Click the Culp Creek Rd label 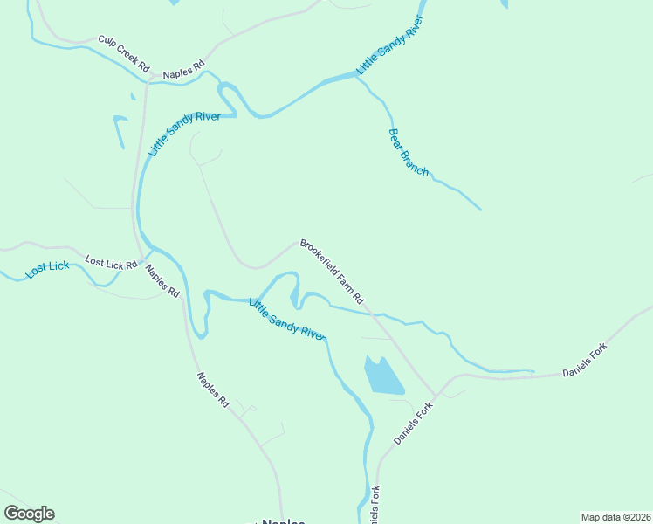(124, 53)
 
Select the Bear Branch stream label (408, 153)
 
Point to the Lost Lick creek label (47, 270)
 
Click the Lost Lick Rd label (111, 262)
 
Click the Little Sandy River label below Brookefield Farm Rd (286, 319)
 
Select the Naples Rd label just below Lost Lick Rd (162, 281)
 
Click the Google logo (29, 514)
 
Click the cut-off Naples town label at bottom (282, 521)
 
